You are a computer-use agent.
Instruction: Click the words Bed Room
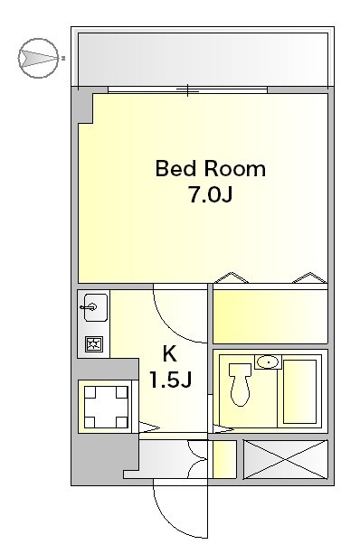tap(210, 169)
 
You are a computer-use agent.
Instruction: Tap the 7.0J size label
tap(211, 194)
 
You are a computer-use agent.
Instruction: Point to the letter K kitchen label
tap(169, 353)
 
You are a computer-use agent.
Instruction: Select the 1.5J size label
tap(170, 380)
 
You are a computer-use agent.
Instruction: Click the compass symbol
tap(38, 58)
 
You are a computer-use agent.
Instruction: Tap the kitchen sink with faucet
tap(92, 307)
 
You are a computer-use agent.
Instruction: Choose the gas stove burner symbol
tap(94, 343)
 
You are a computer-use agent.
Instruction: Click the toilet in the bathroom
tap(240, 384)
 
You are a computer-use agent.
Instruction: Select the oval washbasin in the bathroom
tap(268, 362)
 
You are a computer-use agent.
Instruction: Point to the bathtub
tap(299, 391)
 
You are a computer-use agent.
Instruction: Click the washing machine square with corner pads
tap(106, 407)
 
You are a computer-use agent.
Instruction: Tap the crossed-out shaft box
tap(286, 460)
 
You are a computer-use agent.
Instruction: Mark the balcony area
tap(203, 59)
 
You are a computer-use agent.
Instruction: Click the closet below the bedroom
tap(270, 316)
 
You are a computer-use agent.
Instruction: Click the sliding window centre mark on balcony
tap(188, 90)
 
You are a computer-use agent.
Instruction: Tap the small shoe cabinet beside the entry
tap(224, 459)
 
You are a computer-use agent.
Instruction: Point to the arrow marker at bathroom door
tap(223, 429)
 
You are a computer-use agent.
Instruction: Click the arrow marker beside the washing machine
tap(149, 427)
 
